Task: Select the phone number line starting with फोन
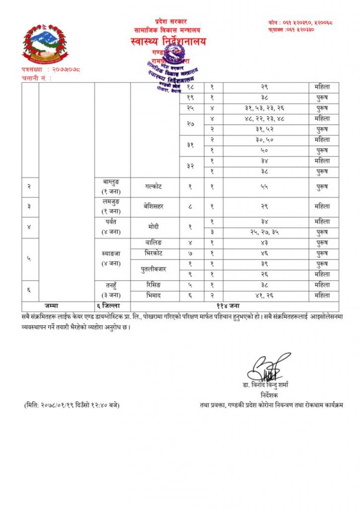[x=300, y=22]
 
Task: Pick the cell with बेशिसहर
[x=154, y=206]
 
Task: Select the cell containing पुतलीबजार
[x=154, y=269]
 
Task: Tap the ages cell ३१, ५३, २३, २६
[x=266, y=108]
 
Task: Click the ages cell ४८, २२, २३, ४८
[x=266, y=119]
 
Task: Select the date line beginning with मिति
[x=72, y=405]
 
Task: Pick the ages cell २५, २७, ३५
[x=266, y=232]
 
